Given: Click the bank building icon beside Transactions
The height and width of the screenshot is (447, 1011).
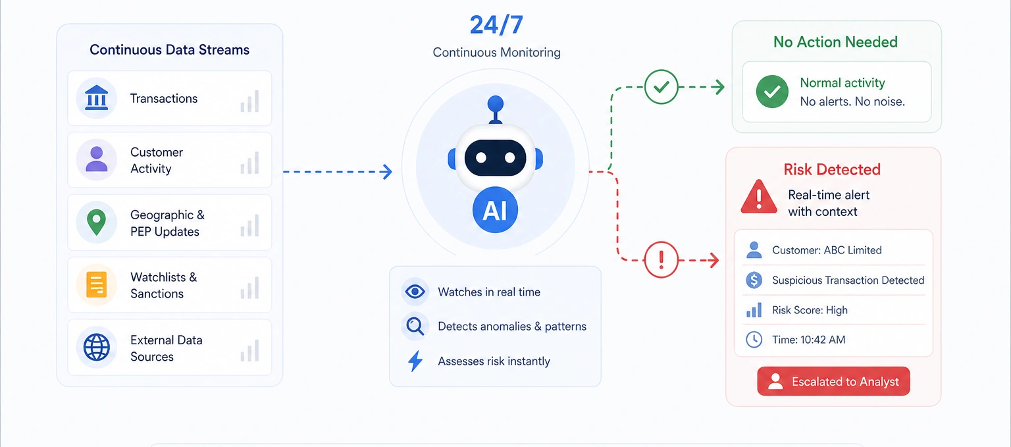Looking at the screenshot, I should tap(97, 98).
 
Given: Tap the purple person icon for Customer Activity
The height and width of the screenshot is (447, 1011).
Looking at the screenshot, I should tap(97, 159).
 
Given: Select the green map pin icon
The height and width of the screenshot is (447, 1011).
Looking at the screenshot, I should tap(97, 222).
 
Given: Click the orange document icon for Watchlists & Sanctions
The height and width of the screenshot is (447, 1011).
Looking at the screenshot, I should tap(97, 284).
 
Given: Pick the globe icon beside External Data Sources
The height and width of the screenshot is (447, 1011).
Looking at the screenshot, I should tap(97, 347).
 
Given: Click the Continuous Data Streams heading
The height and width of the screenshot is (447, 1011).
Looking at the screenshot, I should tap(169, 50).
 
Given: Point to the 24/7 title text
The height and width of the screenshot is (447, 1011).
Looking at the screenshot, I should tap(496, 25).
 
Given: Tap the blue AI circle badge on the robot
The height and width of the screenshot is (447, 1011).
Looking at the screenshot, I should tap(495, 211).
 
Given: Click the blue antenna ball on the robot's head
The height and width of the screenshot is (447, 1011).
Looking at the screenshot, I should tap(495, 104).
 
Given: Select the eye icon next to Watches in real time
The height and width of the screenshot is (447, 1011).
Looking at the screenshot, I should tap(415, 292).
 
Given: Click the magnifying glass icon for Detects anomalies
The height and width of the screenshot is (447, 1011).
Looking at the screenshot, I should tap(415, 326).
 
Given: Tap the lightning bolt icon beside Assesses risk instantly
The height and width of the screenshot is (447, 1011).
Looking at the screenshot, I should tap(415, 361).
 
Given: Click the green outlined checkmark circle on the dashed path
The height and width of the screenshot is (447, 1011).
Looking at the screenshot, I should tap(661, 87).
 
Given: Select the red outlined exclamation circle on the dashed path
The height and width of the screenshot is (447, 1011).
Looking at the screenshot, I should tap(661, 260).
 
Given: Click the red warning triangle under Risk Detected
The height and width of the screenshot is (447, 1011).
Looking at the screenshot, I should tap(759, 196).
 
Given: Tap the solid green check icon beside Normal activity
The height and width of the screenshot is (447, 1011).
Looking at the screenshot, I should tap(772, 92).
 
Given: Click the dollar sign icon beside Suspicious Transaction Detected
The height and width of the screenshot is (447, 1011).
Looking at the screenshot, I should tap(754, 280).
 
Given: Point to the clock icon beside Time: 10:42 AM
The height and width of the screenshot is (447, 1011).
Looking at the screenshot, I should tap(754, 340).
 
